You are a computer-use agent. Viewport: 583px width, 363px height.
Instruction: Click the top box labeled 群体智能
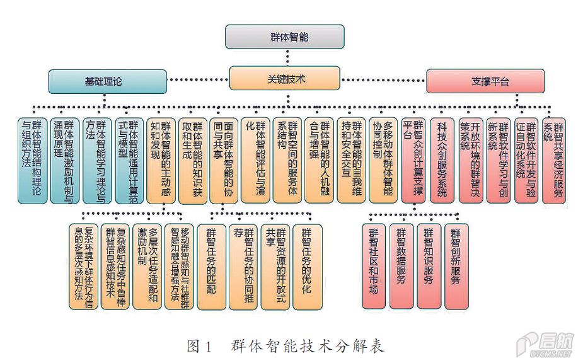285,37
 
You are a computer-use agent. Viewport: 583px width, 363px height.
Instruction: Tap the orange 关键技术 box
285,79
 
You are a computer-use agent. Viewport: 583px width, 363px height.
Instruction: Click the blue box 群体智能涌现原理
65,160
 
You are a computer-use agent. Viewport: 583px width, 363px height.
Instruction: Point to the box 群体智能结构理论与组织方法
33,160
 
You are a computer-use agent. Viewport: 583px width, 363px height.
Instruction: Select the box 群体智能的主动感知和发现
161,160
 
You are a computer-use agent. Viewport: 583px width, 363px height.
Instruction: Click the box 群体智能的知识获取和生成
192,160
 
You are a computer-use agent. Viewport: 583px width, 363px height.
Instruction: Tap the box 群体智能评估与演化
256,160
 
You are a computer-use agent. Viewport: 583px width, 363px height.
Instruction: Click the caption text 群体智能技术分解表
307,346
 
